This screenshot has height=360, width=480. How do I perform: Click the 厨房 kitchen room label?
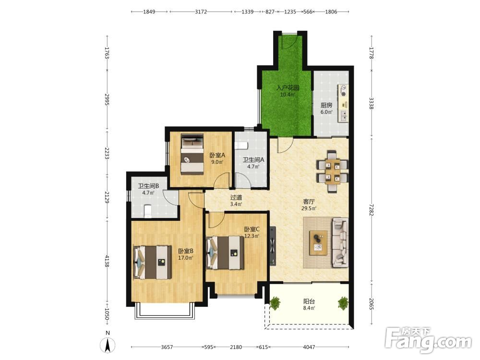(326, 105)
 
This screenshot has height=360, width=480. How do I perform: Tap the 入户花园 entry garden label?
(288, 88)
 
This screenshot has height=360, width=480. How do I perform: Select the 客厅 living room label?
(309, 202)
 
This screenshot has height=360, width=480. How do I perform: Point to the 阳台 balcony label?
(309, 301)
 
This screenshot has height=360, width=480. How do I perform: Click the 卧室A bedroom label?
(217, 155)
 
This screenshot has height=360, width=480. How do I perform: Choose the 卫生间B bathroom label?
(148, 186)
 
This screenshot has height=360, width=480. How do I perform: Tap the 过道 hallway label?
(236, 197)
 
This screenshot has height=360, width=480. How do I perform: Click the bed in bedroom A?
(192, 154)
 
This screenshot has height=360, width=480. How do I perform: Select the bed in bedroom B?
(153, 262)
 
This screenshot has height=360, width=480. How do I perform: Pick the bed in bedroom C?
(225, 252)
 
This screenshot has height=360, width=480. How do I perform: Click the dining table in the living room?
(333, 171)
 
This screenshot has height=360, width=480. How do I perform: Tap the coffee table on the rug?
(318, 243)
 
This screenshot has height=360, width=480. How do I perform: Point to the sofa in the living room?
(340, 242)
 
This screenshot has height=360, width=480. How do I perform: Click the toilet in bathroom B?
(147, 211)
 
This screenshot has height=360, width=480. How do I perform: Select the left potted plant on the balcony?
(275, 303)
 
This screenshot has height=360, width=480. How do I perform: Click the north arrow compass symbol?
(108, 345)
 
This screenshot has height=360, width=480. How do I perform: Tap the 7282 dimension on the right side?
(371, 210)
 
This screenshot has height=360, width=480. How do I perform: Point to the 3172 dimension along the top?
(201, 12)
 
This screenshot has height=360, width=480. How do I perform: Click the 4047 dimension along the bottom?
(309, 347)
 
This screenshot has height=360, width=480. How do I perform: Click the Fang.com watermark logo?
(428, 339)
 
